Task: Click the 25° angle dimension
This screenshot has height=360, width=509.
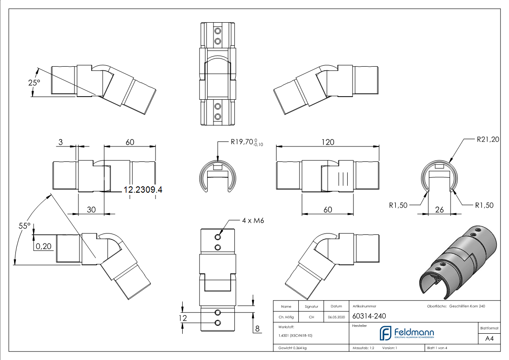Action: [x=34, y=83]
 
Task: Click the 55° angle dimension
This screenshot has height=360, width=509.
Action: [x=24, y=226]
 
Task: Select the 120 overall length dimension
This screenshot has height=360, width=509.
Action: [x=328, y=142]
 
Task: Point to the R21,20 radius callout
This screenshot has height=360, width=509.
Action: [x=488, y=139]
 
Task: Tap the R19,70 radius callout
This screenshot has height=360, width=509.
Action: [x=247, y=142]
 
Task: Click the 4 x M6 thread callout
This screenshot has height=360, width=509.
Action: [x=253, y=220]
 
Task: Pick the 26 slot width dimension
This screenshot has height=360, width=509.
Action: [x=439, y=210]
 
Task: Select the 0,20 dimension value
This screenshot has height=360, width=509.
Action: [x=44, y=246]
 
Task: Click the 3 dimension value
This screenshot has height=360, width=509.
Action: [x=60, y=142]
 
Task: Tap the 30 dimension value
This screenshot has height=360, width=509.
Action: [x=91, y=210]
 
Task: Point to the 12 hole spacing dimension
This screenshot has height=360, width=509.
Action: [x=183, y=318]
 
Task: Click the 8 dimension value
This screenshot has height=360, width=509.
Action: [x=257, y=329]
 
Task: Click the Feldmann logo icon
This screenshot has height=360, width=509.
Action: [x=386, y=333]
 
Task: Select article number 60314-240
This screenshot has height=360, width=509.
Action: [x=369, y=316]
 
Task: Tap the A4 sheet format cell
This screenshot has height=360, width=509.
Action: [x=489, y=339]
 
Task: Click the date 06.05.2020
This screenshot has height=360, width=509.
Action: [x=336, y=317]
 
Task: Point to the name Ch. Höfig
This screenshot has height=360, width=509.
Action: [x=286, y=317]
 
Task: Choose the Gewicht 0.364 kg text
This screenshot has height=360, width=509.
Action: [x=292, y=348]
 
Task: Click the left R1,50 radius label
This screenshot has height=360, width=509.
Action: [x=398, y=205]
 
